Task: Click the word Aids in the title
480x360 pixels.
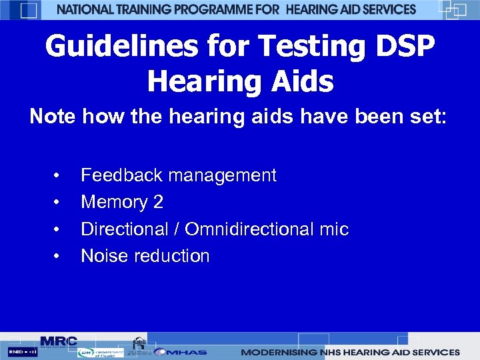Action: click(x=298, y=81)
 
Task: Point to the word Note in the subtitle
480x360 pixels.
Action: click(x=53, y=117)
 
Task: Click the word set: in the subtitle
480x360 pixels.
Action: click(x=427, y=117)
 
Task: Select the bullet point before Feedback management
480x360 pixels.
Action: click(x=58, y=176)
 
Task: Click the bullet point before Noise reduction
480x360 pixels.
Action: click(x=58, y=257)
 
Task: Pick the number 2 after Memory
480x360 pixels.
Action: click(x=157, y=202)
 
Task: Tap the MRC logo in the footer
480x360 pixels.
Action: click(x=58, y=341)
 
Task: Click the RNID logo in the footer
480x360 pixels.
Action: click(x=23, y=351)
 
